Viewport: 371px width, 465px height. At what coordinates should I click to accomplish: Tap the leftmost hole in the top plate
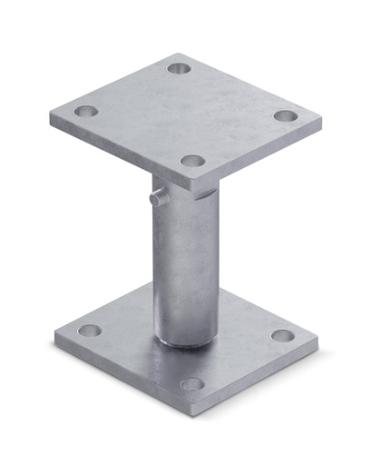pos(85,112)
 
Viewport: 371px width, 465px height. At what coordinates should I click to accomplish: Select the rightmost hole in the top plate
pos(285,116)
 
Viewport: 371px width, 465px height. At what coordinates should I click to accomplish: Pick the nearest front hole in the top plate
pos(191,161)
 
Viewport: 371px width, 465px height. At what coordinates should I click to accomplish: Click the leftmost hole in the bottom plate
pos(89,330)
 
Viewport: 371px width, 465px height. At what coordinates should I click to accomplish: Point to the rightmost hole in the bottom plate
pos(283,335)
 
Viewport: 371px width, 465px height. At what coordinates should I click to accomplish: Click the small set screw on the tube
pos(160,196)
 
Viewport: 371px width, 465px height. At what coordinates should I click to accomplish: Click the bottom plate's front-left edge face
pos(118,374)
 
